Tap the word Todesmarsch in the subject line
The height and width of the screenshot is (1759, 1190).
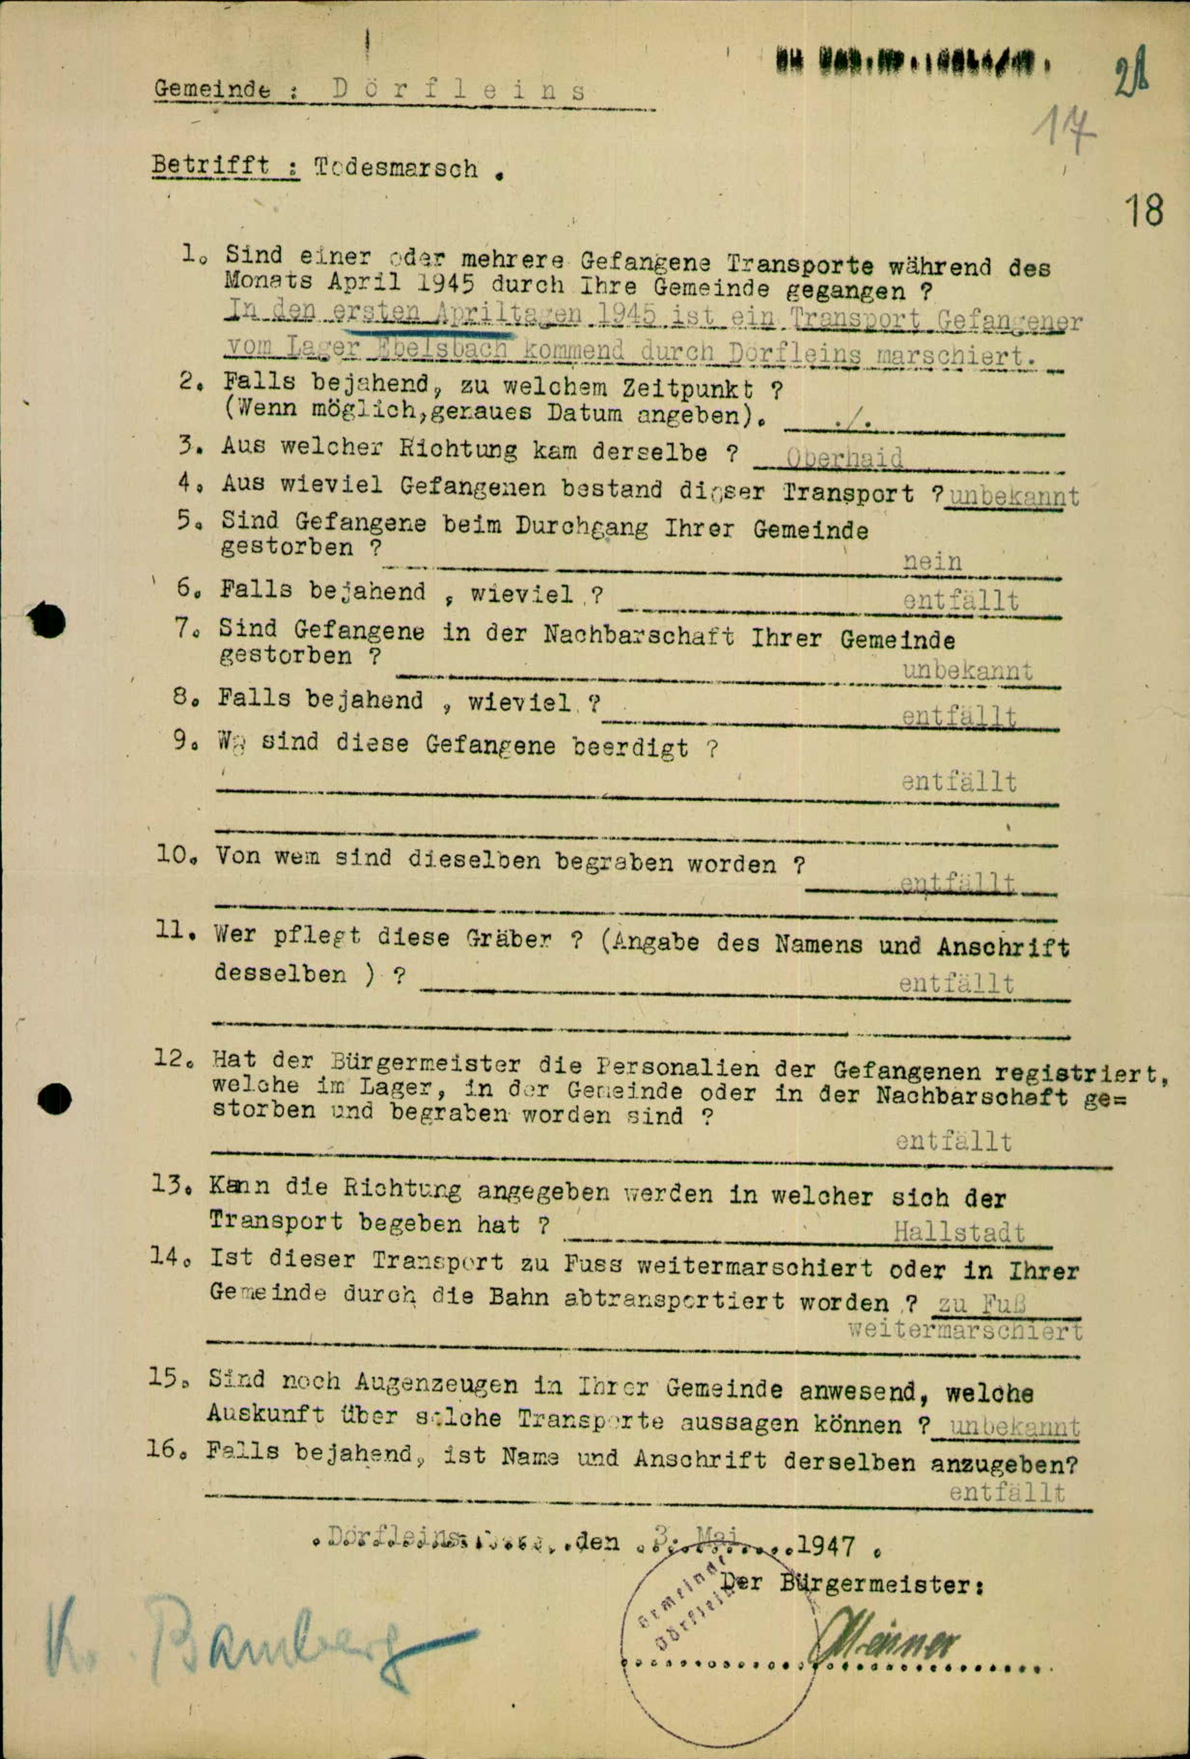coord(396,167)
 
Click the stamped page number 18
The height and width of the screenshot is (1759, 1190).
coord(1143,211)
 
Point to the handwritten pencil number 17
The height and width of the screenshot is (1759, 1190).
coord(1066,130)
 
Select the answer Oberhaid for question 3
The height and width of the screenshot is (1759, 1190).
coord(845,459)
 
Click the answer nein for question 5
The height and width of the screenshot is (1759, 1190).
coord(932,562)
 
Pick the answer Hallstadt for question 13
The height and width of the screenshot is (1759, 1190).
coord(959,1231)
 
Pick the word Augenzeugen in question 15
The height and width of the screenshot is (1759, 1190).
coord(437,1384)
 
